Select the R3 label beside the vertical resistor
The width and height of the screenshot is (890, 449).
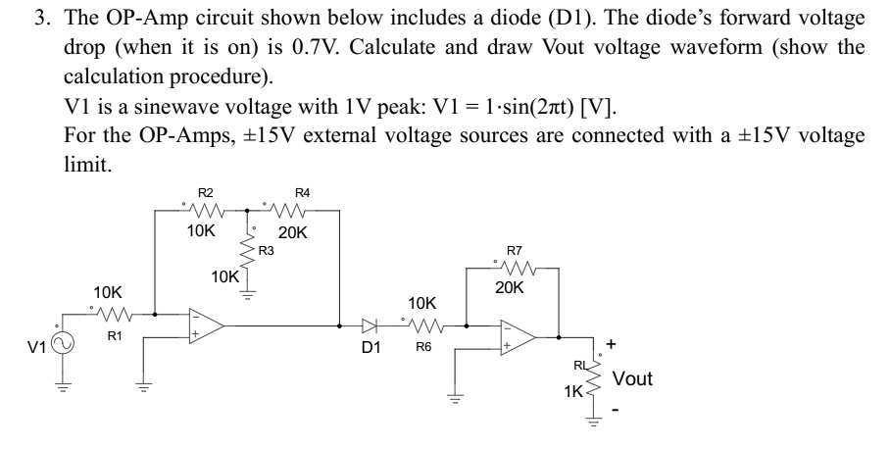click(x=266, y=252)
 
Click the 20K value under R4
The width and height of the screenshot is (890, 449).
click(x=293, y=233)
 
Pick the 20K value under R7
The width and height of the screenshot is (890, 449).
click(x=510, y=288)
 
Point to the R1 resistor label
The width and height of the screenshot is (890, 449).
click(x=114, y=337)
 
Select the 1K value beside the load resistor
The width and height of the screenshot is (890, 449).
click(x=574, y=392)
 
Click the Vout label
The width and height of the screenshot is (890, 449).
click(x=632, y=378)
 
